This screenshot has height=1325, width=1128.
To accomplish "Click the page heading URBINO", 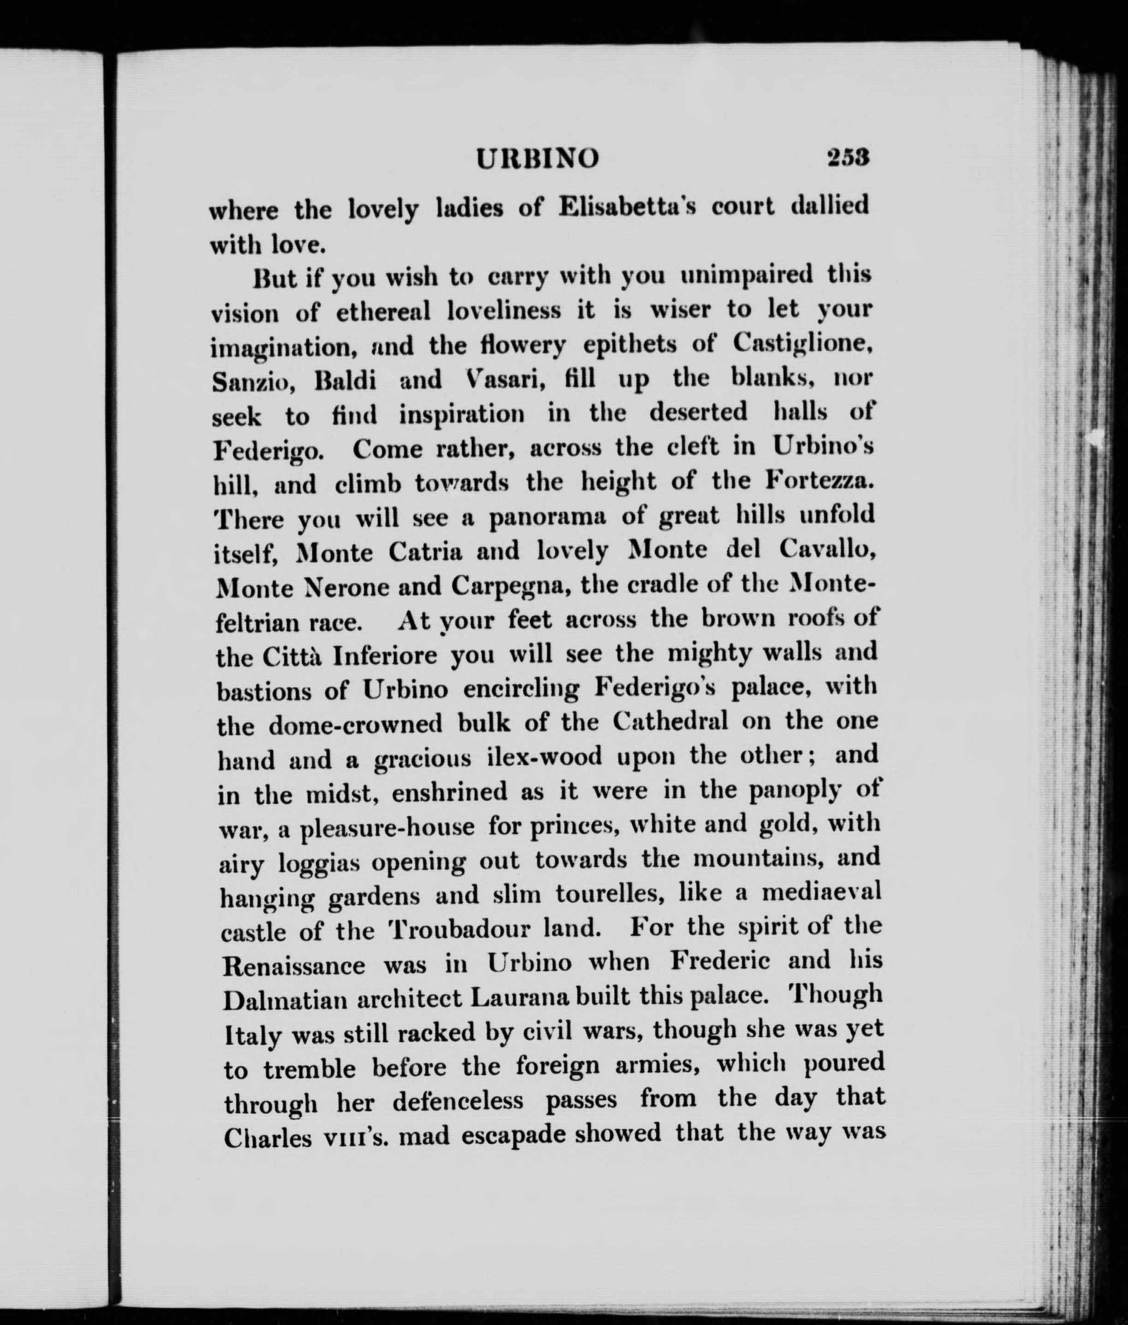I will click(x=538, y=159).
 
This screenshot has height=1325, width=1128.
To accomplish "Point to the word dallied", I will click(x=829, y=206).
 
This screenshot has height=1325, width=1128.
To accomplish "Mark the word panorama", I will click(x=547, y=518).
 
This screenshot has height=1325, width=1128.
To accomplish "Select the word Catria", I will click(x=425, y=552).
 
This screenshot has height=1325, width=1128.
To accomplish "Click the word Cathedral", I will click(x=670, y=721).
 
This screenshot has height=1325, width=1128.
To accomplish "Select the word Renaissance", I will click(x=294, y=965).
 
